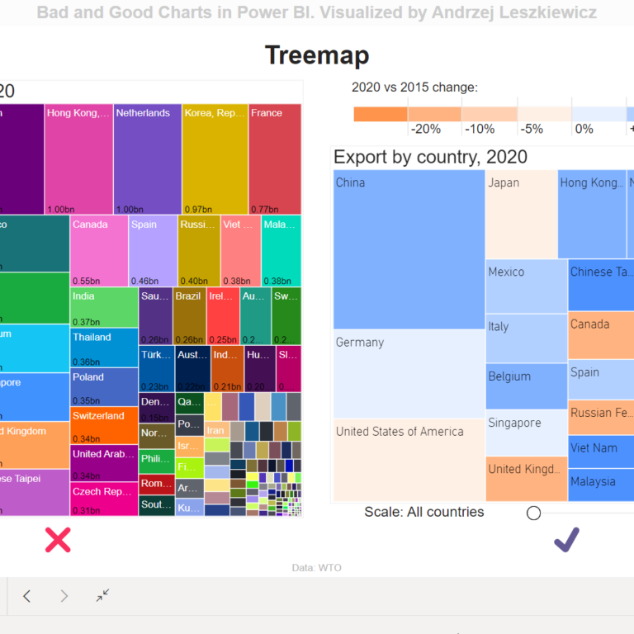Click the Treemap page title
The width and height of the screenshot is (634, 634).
tap(316, 55)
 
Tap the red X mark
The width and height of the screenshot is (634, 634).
tap(58, 540)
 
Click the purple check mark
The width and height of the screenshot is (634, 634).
tap(566, 540)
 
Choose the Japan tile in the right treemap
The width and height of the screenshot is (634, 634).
tap(521, 214)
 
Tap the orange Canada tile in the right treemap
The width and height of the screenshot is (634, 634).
tap(601, 335)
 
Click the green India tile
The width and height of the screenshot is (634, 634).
tap(104, 307)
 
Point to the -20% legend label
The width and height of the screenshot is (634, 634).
tap(425, 129)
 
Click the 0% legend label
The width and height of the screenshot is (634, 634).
tap(584, 129)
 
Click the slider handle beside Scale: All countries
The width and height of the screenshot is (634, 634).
tap(533, 513)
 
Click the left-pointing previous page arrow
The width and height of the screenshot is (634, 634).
tap(27, 596)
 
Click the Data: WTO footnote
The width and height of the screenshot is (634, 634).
tap(316, 567)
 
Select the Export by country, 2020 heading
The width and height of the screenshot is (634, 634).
tap(430, 157)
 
